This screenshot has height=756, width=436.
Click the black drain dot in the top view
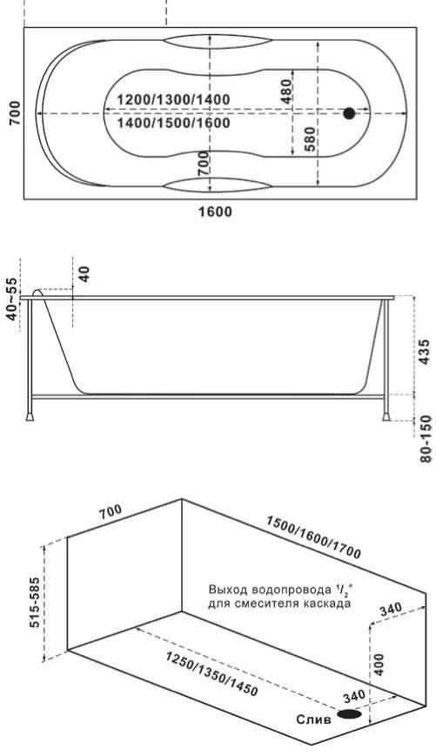pyautogui.click(x=349, y=113)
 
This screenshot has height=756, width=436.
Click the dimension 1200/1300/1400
pyautogui.click(x=174, y=100)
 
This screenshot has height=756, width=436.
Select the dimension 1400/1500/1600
pyautogui.click(x=174, y=123)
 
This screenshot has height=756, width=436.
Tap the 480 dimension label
pyautogui.click(x=286, y=91)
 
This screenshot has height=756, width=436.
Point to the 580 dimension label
pyautogui.click(x=310, y=138)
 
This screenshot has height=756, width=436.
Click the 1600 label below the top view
pyautogui.click(x=215, y=212)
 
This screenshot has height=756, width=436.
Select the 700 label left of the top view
pyautogui.click(x=15, y=113)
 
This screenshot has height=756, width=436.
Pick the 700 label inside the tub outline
pyautogui.click(x=204, y=163)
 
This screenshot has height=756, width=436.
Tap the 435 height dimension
pyautogui.click(x=423, y=352)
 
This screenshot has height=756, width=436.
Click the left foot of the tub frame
pyautogui.click(x=30, y=415)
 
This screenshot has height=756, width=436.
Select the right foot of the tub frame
pyautogui.click(x=386, y=415)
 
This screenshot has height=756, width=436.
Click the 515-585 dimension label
pyautogui.click(x=37, y=603)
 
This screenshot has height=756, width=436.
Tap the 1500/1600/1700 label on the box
pyautogui.click(x=313, y=537)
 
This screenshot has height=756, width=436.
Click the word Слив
pyautogui.click(x=313, y=719)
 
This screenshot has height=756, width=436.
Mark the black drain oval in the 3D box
pyautogui.click(x=349, y=714)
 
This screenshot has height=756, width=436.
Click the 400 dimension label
pyautogui.click(x=379, y=665)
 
